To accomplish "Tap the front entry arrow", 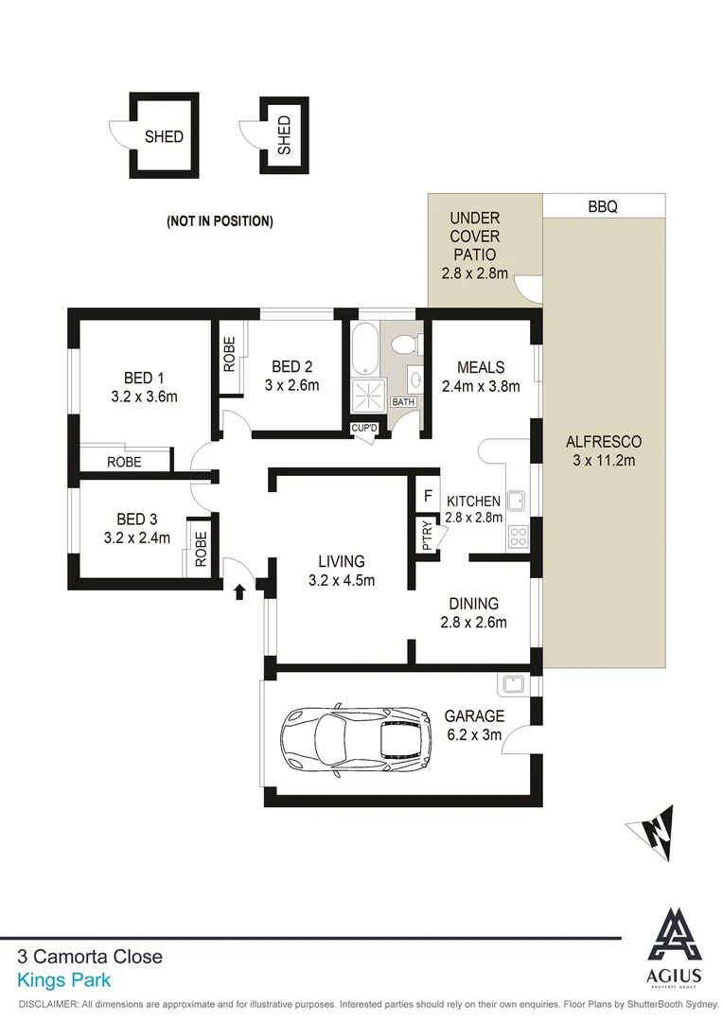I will point(238,591).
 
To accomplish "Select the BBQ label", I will point(602,206).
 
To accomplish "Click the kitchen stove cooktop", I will point(518,537).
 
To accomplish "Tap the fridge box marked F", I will point(428,495).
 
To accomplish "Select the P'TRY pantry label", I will point(427,537).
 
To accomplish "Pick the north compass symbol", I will point(653,833).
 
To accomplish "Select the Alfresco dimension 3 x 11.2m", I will point(604,461).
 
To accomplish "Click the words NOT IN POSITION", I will point(220,221).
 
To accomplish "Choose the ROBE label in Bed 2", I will point(229,354).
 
